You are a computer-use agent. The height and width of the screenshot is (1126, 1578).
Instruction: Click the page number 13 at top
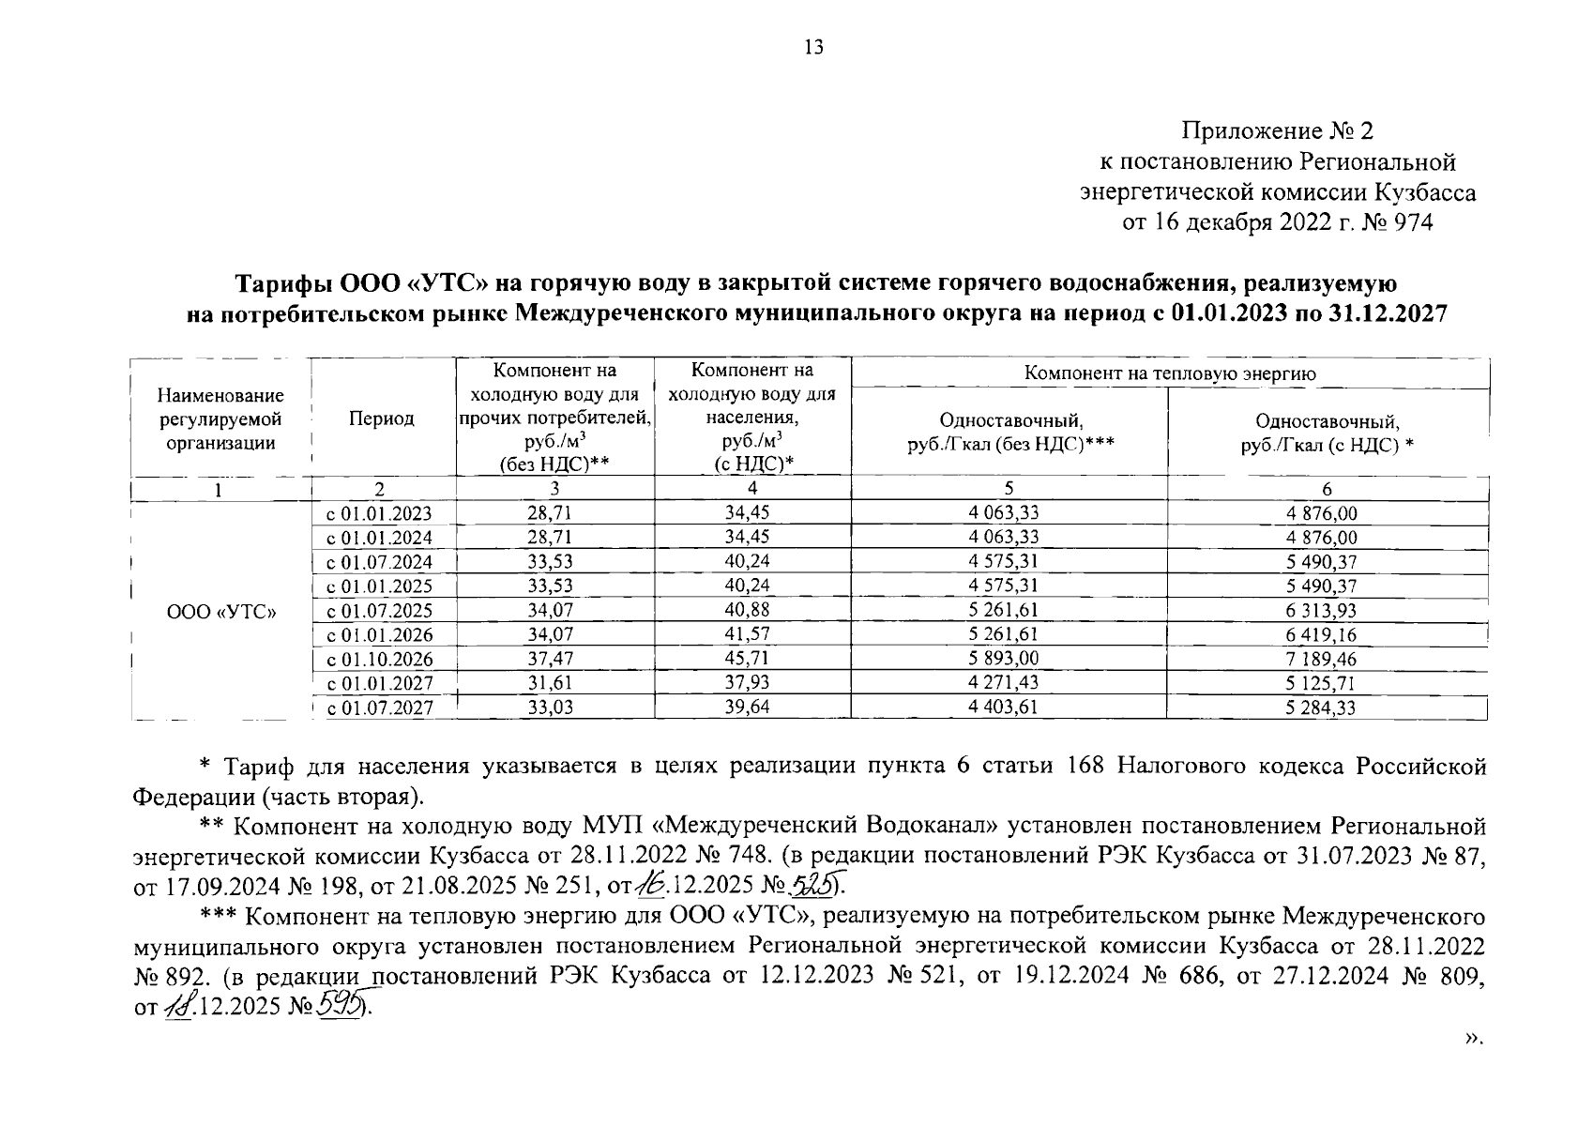(813, 48)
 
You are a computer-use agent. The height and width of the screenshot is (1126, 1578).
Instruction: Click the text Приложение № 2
(1277, 130)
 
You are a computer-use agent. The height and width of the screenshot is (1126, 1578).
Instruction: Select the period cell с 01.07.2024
(379, 563)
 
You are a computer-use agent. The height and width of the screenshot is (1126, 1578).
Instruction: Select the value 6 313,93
(1322, 611)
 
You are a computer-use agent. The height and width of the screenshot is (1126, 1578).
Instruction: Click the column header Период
(381, 418)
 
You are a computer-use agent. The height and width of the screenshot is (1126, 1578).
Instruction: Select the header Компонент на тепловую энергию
(1170, 373)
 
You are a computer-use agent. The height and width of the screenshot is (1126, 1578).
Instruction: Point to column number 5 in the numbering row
(1009, 488)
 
